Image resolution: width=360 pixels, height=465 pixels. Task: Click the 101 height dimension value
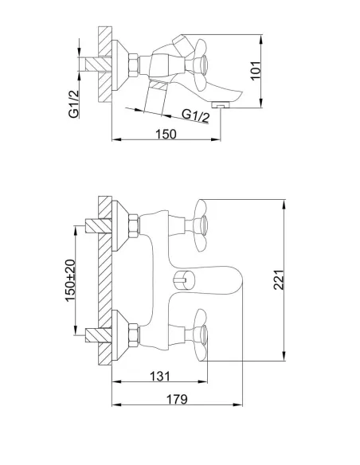coord(256,71)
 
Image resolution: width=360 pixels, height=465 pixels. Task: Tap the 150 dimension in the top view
coord(166,134)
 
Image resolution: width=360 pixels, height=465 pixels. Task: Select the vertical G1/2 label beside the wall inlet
coord(74,104)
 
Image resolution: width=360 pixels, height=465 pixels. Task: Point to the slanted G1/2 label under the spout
coord(196,115)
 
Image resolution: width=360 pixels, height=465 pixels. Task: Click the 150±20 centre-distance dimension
coord(70,280)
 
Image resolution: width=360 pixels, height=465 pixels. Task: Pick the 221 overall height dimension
coord(279,280)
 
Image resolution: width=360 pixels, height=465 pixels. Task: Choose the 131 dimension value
coord(160,377)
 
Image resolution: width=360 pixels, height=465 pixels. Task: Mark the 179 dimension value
coord(177,400)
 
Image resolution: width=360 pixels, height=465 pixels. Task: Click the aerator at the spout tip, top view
coord(221,104)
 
